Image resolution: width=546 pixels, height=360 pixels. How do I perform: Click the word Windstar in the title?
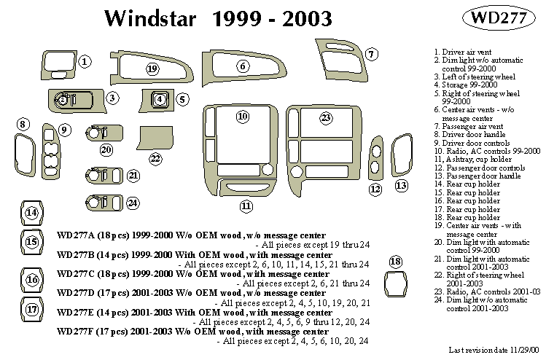150,18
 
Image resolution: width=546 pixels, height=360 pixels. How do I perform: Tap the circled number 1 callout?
85,62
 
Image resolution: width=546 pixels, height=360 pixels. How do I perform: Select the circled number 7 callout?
371,54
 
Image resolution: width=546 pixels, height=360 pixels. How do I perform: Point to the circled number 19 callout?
152,69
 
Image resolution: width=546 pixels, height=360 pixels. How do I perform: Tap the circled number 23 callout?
326,117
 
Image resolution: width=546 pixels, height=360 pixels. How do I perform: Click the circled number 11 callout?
246,206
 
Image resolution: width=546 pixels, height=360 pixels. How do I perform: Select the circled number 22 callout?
155,158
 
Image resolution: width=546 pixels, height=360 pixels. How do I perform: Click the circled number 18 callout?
395,261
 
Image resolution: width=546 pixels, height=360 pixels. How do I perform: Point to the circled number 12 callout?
375,189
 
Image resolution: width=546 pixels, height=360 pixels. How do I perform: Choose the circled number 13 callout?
402,185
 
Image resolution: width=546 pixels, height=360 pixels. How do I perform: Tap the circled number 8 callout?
23,124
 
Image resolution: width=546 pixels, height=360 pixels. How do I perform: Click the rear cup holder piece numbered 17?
32,310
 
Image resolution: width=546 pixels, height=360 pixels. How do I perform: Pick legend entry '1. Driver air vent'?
461,53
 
